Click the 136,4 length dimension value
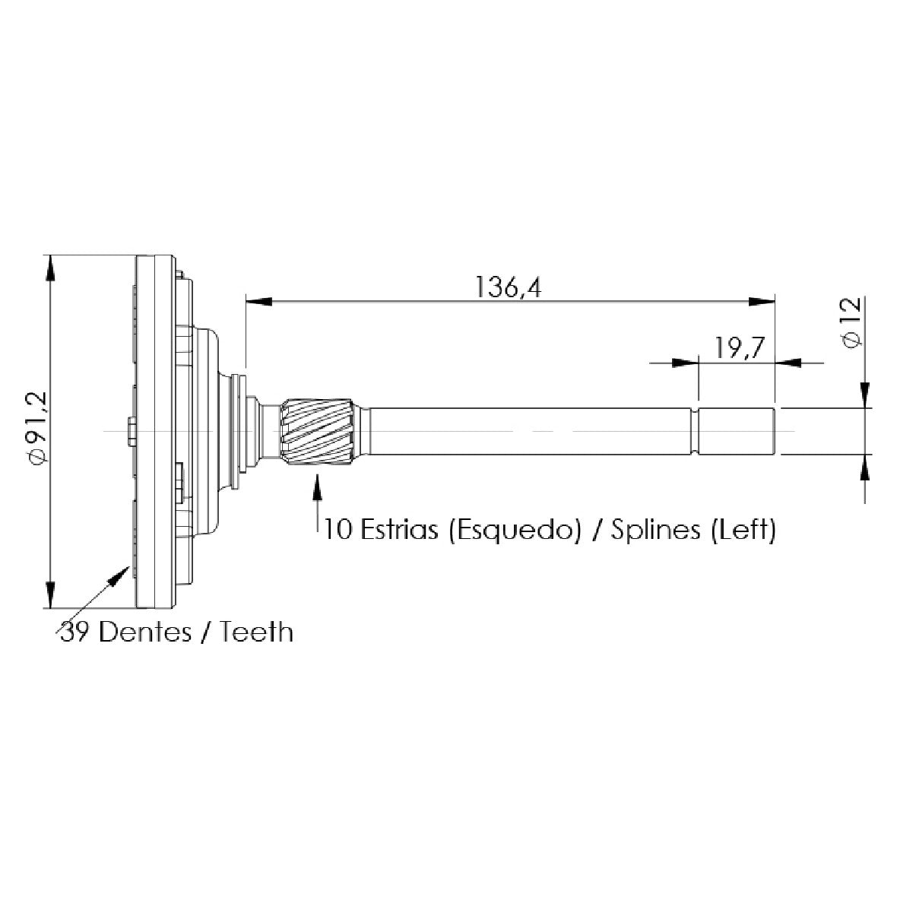pos(508,287)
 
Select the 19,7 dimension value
pos(740,348)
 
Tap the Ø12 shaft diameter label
pos(851,322)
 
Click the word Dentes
pos(145,632)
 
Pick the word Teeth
pos(258,632)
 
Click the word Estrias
pos(399,529)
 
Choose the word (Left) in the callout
pos(743,530)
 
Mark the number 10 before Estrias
pos(338,529)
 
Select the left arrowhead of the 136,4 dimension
pos(258,301)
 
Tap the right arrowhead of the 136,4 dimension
pos(762,301)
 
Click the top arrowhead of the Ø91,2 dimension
pos(51,268)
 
